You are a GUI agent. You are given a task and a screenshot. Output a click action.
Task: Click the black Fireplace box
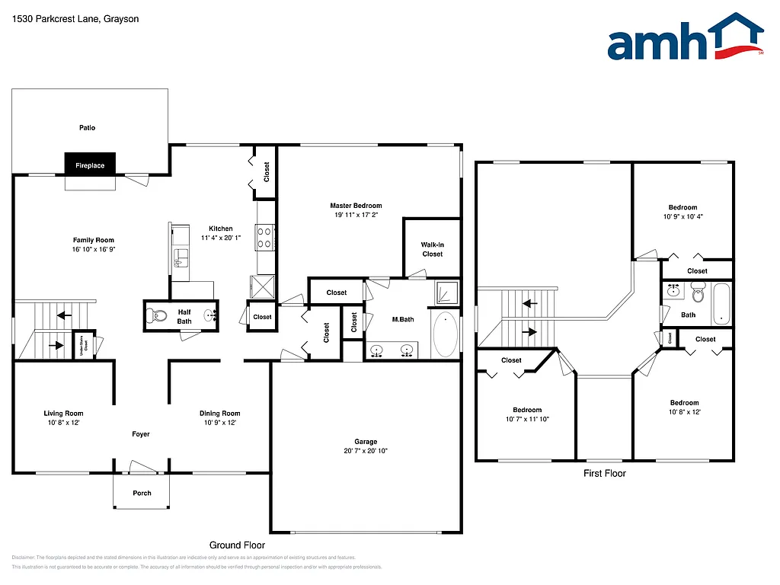90,165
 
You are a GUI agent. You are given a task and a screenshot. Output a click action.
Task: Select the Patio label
88,128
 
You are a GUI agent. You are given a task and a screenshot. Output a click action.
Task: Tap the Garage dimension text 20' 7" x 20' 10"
366,451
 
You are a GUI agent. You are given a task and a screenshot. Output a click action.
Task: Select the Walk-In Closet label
432,249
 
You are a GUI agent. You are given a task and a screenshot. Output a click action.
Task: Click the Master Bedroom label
356,206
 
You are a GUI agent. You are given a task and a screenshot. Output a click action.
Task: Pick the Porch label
142,493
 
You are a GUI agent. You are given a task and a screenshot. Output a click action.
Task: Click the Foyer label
141,434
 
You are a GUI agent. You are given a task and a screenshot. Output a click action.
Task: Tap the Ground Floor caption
237,545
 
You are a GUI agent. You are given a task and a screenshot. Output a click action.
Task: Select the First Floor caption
605,473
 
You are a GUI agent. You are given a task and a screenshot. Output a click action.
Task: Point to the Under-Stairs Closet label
83,344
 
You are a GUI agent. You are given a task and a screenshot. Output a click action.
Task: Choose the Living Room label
63,414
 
